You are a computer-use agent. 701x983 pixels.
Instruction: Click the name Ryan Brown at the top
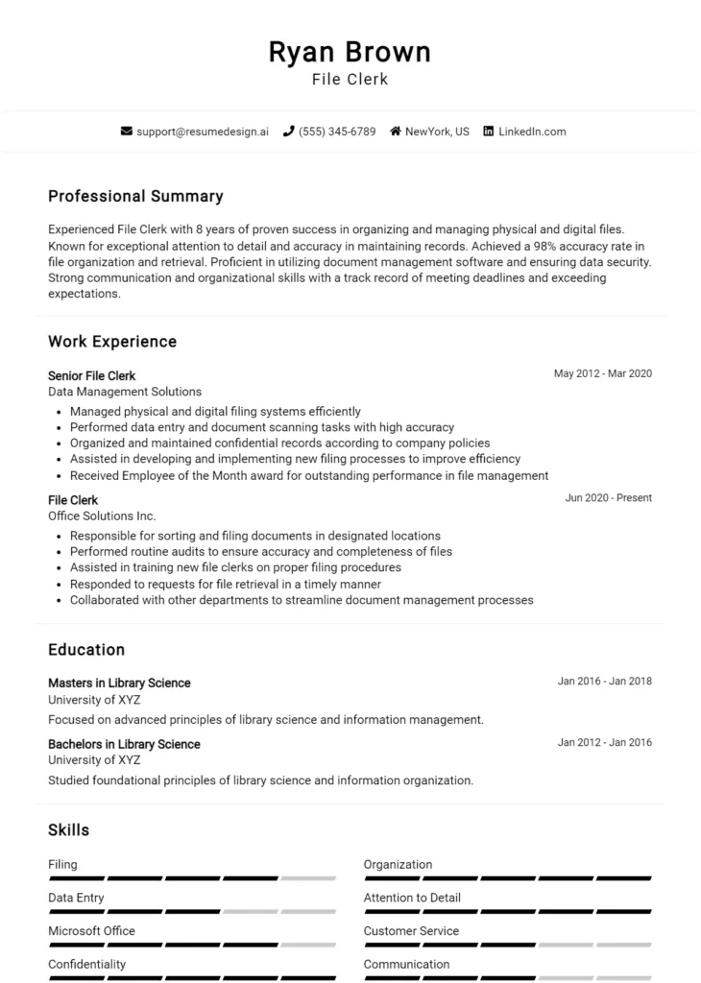[x=350, y=51]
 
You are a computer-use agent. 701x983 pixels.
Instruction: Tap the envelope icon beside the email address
[x=126, y=132]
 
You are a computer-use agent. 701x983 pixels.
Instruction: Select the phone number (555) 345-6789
[x=336, y=132]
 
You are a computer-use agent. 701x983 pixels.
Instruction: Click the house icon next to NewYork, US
[x=395, y=132]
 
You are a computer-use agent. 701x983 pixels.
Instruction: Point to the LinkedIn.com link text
[x=532, y=132]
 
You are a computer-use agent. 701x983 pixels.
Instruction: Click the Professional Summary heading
[x=135, y=196]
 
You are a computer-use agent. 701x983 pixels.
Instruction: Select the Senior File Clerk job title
[x=92, y=375]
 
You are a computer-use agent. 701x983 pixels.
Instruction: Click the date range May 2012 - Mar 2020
[x=602, y=373]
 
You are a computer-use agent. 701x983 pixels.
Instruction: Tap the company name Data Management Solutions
[x=125, y=392]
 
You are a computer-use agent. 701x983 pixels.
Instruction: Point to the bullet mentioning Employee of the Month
[x=308, y=475]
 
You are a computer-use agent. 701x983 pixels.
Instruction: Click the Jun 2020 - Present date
[x=608, y=497]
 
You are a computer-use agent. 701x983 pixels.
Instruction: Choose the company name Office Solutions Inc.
[x=102, y=515]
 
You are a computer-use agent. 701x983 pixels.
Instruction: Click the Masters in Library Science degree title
[x=119, y=683]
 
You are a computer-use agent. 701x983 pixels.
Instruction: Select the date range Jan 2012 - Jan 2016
[x=604, y=742]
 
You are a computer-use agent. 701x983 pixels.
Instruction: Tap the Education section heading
[x=86, y=649]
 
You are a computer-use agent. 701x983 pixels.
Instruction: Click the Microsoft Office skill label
[x=91, y=930]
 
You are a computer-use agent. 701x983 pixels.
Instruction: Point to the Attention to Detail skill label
[x=412, y=898]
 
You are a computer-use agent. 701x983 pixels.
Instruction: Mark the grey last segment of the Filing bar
[x=308, y=877]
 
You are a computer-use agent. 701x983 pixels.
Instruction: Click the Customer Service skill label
[x=411, y=930]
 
